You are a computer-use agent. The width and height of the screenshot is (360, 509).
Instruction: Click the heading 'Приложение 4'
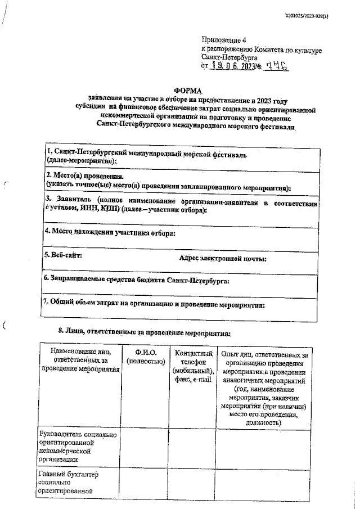point(224,40)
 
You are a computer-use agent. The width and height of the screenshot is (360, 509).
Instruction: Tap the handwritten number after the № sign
point(278,66)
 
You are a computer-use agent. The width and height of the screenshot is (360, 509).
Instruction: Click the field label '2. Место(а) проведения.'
point(85,175)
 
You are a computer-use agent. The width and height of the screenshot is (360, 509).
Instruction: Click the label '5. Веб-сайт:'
point(64,256)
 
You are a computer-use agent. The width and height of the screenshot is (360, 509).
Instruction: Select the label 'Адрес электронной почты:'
point(222,259)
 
